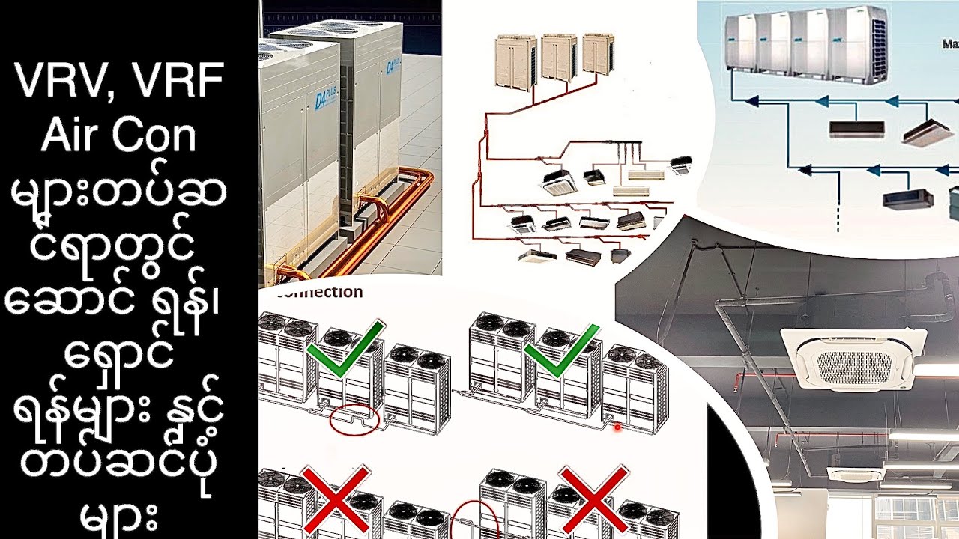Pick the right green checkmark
(x=562, y=350)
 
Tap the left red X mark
(x=336, y=497)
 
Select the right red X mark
(x=593, y=497)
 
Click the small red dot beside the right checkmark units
(x=617, y=427)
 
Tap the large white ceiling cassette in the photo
(x=853, y=359)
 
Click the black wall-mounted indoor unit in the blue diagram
(x=856, y=130)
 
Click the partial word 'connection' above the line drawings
(x=318, y=292)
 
